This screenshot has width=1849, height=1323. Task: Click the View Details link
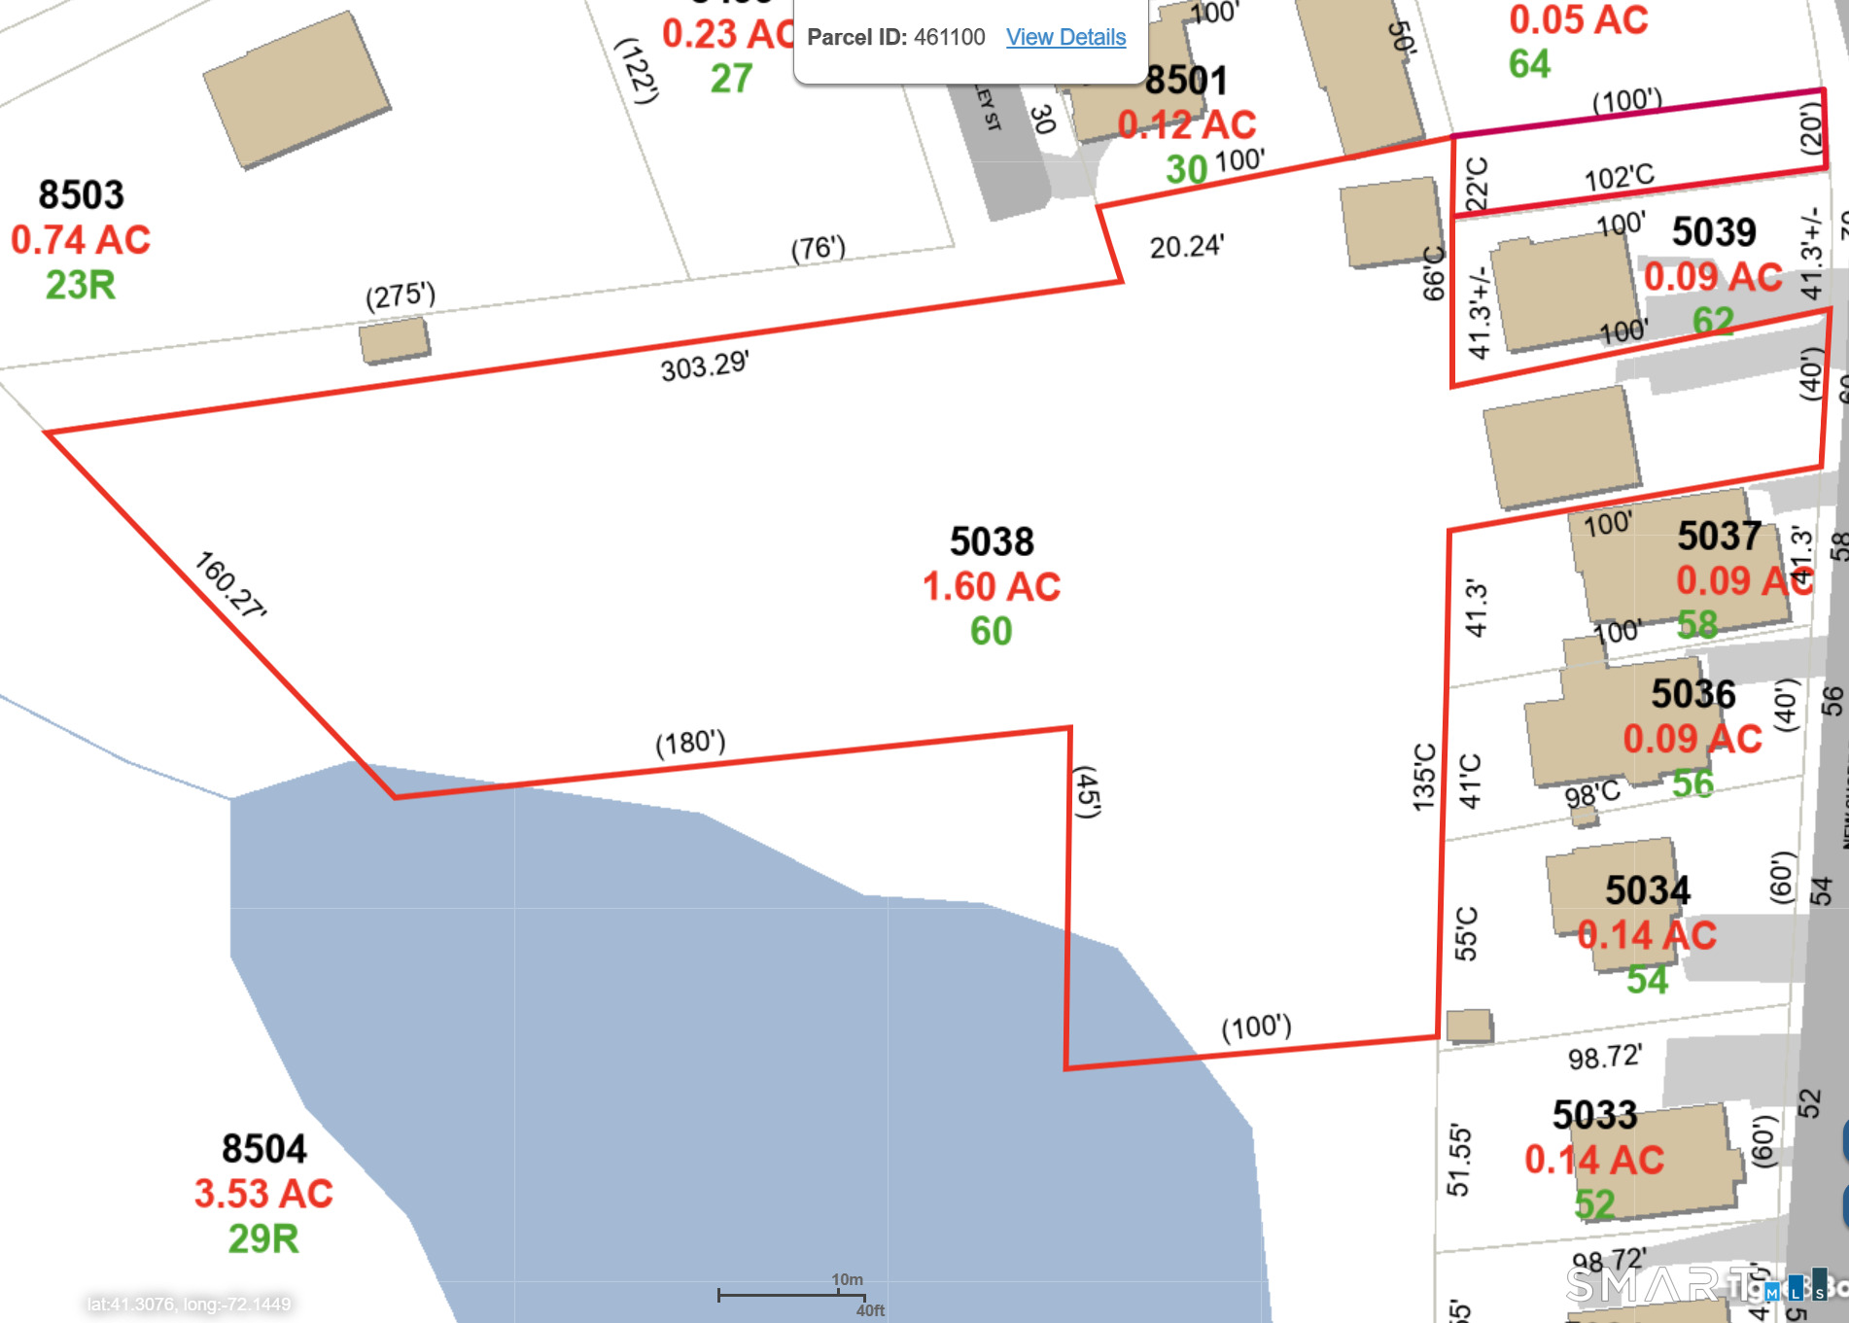[1065, 37]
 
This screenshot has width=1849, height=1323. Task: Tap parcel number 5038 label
[992, 541]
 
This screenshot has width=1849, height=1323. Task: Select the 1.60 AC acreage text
[991, 586]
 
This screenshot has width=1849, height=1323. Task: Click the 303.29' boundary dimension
[705, 366]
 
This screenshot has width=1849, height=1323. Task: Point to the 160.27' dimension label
[229, 584]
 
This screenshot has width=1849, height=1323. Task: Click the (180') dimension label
[690, 743]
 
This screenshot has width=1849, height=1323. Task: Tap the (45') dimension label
[1087, 792]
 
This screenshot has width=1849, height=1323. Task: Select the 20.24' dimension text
[1186, 247]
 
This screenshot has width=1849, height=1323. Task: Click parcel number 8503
[81, 194]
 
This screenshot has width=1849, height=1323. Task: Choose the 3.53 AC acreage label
[263, 1193]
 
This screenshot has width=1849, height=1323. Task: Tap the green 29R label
[263, 1238]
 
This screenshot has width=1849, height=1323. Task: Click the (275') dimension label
[401, 296]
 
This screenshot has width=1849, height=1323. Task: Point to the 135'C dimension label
[1424, 777]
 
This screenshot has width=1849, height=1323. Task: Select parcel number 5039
[1714, 231]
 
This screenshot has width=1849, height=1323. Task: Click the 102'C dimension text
[1619, 178]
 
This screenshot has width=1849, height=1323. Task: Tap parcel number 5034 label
[1647, 889]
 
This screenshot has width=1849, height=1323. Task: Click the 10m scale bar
[791, 1294]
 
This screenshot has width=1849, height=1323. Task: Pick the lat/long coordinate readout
[189, 1304]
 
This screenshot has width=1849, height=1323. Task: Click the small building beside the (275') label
[395, 340]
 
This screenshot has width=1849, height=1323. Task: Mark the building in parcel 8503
[297, 88]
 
